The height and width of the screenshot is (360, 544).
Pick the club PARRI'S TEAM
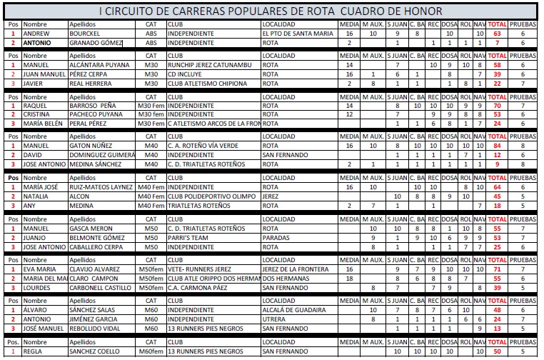coord(188,238)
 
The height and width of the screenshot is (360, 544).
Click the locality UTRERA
coord(273,319)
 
